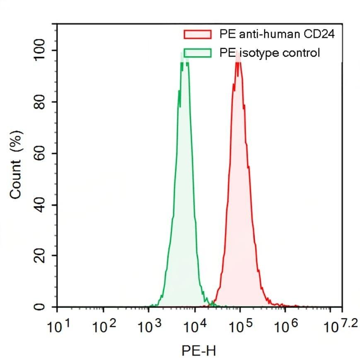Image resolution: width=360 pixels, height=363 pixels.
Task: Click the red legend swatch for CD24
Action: (197, 34)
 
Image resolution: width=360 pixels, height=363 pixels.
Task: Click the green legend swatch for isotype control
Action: (197, 53)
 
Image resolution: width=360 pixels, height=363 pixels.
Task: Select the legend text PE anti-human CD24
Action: (277, 34)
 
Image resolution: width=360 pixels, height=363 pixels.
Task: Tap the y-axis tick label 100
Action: (40, 50)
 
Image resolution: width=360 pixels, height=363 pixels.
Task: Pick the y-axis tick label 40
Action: (40, 205)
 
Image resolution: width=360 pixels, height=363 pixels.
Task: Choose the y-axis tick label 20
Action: (40, 256)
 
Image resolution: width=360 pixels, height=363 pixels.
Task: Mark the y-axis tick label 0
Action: (40, 307)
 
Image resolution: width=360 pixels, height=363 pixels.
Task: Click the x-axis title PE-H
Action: (199, 351)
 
